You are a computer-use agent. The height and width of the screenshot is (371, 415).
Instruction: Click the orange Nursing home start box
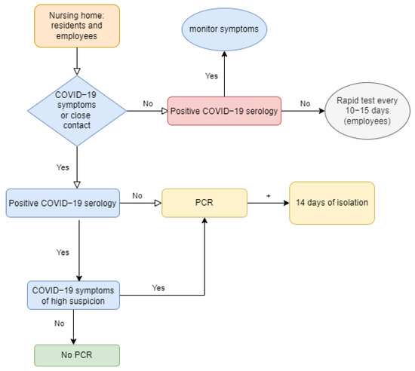pyautogui.click(x=77, y=26)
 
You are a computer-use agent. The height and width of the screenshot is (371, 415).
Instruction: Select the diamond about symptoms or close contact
pyautogui.click(x=77, y=111)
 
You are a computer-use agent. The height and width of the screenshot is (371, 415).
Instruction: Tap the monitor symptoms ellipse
pyautogui.click(x=224, y=29)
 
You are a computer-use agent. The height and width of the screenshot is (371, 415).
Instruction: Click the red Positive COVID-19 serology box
pyautogui.click(x=224, y=111)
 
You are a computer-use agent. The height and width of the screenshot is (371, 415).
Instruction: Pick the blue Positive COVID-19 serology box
pyautogui.click(x=63, y=203)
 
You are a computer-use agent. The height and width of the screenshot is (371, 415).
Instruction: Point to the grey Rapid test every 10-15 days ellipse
pyautogui.click(x=367, y=111)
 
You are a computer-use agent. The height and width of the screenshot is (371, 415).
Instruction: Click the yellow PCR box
pyautogui.click(x=204, y=203)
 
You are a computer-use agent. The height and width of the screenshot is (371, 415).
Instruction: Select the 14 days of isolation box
pyautogui.click(x=332, y=203)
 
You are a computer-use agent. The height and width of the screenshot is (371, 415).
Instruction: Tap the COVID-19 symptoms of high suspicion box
pyautogui.click(x=73, y=295)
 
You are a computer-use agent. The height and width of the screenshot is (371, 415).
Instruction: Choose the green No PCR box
pyautogui.click(x=77, y=355)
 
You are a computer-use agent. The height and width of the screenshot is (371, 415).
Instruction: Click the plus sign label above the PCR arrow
pyautogui.click(x=269, y=196)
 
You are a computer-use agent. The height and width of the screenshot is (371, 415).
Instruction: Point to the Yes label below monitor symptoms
pyautogui.click(x=211, y=76)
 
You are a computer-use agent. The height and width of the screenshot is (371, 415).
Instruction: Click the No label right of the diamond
pyautogui.click(x=148, y=103)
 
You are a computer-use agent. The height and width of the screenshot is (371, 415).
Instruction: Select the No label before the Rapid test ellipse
pyautogui.click(x=305, y=103)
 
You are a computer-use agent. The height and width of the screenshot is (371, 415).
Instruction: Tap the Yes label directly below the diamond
pyautogui.click(x=63, y=167)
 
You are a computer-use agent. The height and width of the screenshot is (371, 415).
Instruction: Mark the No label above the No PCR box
pyautogui.click(x=60, y=323)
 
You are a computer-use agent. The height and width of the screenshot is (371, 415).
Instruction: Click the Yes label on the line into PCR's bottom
pyautogui.click(x=158, y=288)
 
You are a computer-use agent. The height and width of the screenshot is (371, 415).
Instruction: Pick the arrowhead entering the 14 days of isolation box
pyautogui.click(x=287, y=203)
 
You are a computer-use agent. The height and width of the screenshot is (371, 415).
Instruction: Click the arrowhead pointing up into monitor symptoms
pyautogui.click(x=224, y=54)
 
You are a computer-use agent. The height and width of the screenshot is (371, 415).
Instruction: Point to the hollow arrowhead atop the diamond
pyautogui.click(x=77, y=72)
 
